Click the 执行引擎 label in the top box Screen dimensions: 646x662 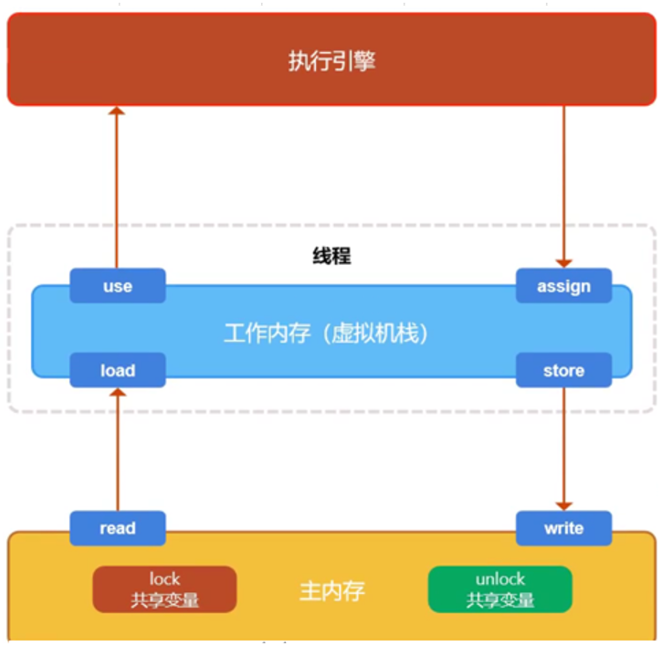(331, 61)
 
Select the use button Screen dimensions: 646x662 (118, 286)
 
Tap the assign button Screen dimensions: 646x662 (563, 286)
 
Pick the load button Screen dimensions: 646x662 (118, 370)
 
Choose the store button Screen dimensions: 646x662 (563, 370)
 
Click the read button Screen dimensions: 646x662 (118, 528)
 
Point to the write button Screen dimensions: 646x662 (563, 528)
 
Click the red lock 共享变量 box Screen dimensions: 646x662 (164, 589)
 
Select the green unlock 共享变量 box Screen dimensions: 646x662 (499, 589)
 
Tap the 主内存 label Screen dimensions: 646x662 (331, 590)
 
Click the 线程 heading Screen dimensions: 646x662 (331, 255)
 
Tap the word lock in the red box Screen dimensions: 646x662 (164, 579)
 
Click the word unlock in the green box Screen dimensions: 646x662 (499, 579)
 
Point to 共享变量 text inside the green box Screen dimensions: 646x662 (499, 600)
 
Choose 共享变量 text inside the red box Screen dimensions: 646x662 (164, 600)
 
